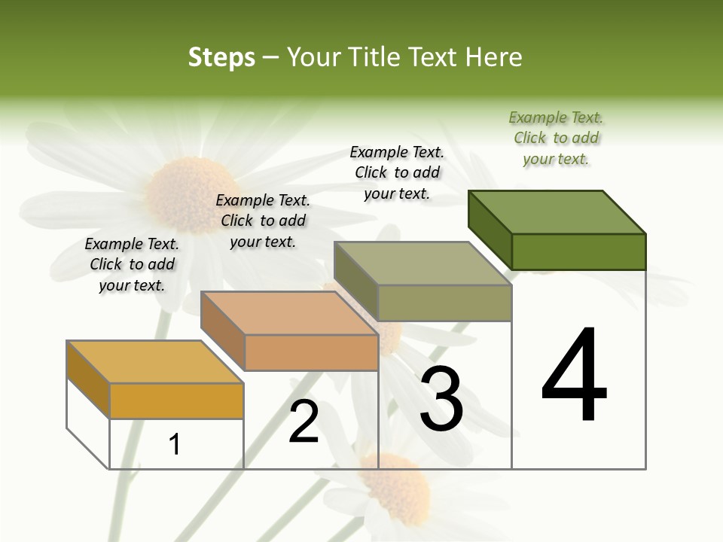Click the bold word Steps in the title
[221, 57]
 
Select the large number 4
[574, 376]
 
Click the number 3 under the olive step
[441, 399]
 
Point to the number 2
[304, 422]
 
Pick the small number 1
[175, 444]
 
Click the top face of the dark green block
[557, 212]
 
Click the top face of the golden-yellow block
[155, 362]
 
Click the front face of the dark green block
[578, 251]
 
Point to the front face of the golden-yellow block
[176, 400]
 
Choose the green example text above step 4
[556, 139]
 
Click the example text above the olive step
[397, 173]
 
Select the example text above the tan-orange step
[263, 221]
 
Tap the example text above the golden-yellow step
[132, 264]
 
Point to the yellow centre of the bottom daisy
[399, 489]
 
